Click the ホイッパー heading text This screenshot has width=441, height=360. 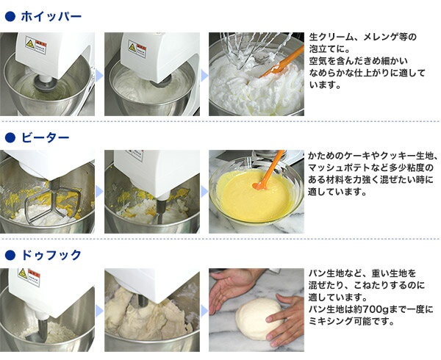pos(51,16)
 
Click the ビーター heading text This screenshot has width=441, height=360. pos(46,137)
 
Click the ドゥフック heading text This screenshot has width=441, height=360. pos(51,255)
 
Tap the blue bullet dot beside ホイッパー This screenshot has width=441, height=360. pos(10,17)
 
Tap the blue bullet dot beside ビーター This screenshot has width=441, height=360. pos(10,137)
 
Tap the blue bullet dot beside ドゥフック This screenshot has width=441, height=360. pos(10,255)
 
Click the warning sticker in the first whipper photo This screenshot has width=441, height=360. pos(36,45)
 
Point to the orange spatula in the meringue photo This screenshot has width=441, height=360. pos(282,62)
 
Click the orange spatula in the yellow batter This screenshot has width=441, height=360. pos(268,170)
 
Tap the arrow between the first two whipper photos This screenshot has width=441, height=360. pos(99,75)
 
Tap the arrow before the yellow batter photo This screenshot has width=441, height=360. pos(204,192)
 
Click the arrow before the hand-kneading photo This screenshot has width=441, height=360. pos(204,311)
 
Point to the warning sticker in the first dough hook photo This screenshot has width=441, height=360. pos(29,277)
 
